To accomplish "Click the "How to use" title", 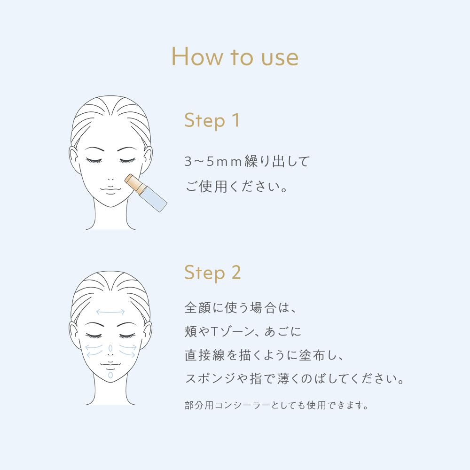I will coord(235,56).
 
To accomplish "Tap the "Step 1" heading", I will coord(212,120).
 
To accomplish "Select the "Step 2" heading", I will coord(212,273).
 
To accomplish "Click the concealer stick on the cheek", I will coord(146,193).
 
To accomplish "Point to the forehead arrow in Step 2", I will coord(110,312).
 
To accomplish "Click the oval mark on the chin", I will coord(110,375).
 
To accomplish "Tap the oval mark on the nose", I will coord(110,348).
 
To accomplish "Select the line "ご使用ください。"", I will coord(236,187).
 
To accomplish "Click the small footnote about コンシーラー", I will coord(276,405).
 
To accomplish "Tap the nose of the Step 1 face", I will coord(110,179).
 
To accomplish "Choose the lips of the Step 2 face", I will coord(110,365).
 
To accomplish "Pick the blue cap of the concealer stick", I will coord(154,199).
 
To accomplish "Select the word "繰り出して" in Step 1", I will coord(277,162).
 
